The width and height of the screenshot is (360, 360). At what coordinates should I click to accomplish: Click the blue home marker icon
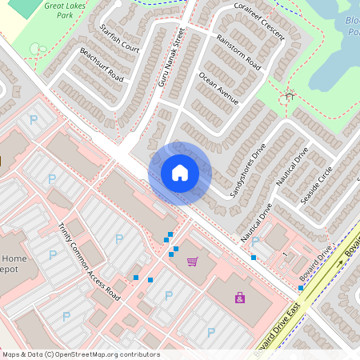[x=180, y=173]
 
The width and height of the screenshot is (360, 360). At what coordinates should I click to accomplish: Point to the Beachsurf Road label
[x=102, y=65]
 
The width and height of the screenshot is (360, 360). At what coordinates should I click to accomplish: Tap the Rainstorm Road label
[x=238, y=51]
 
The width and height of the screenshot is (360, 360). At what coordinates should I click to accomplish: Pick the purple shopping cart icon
[x=192, y=262]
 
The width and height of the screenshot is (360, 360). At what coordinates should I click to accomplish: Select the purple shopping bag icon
[x=239, y=298]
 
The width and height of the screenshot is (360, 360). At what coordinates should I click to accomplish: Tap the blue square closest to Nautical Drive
[x=254, y=258]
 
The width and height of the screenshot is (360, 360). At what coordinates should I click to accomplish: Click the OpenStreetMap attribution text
[x=80, y=354]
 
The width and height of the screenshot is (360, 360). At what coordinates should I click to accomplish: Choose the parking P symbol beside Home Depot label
[x=53, y=254]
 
